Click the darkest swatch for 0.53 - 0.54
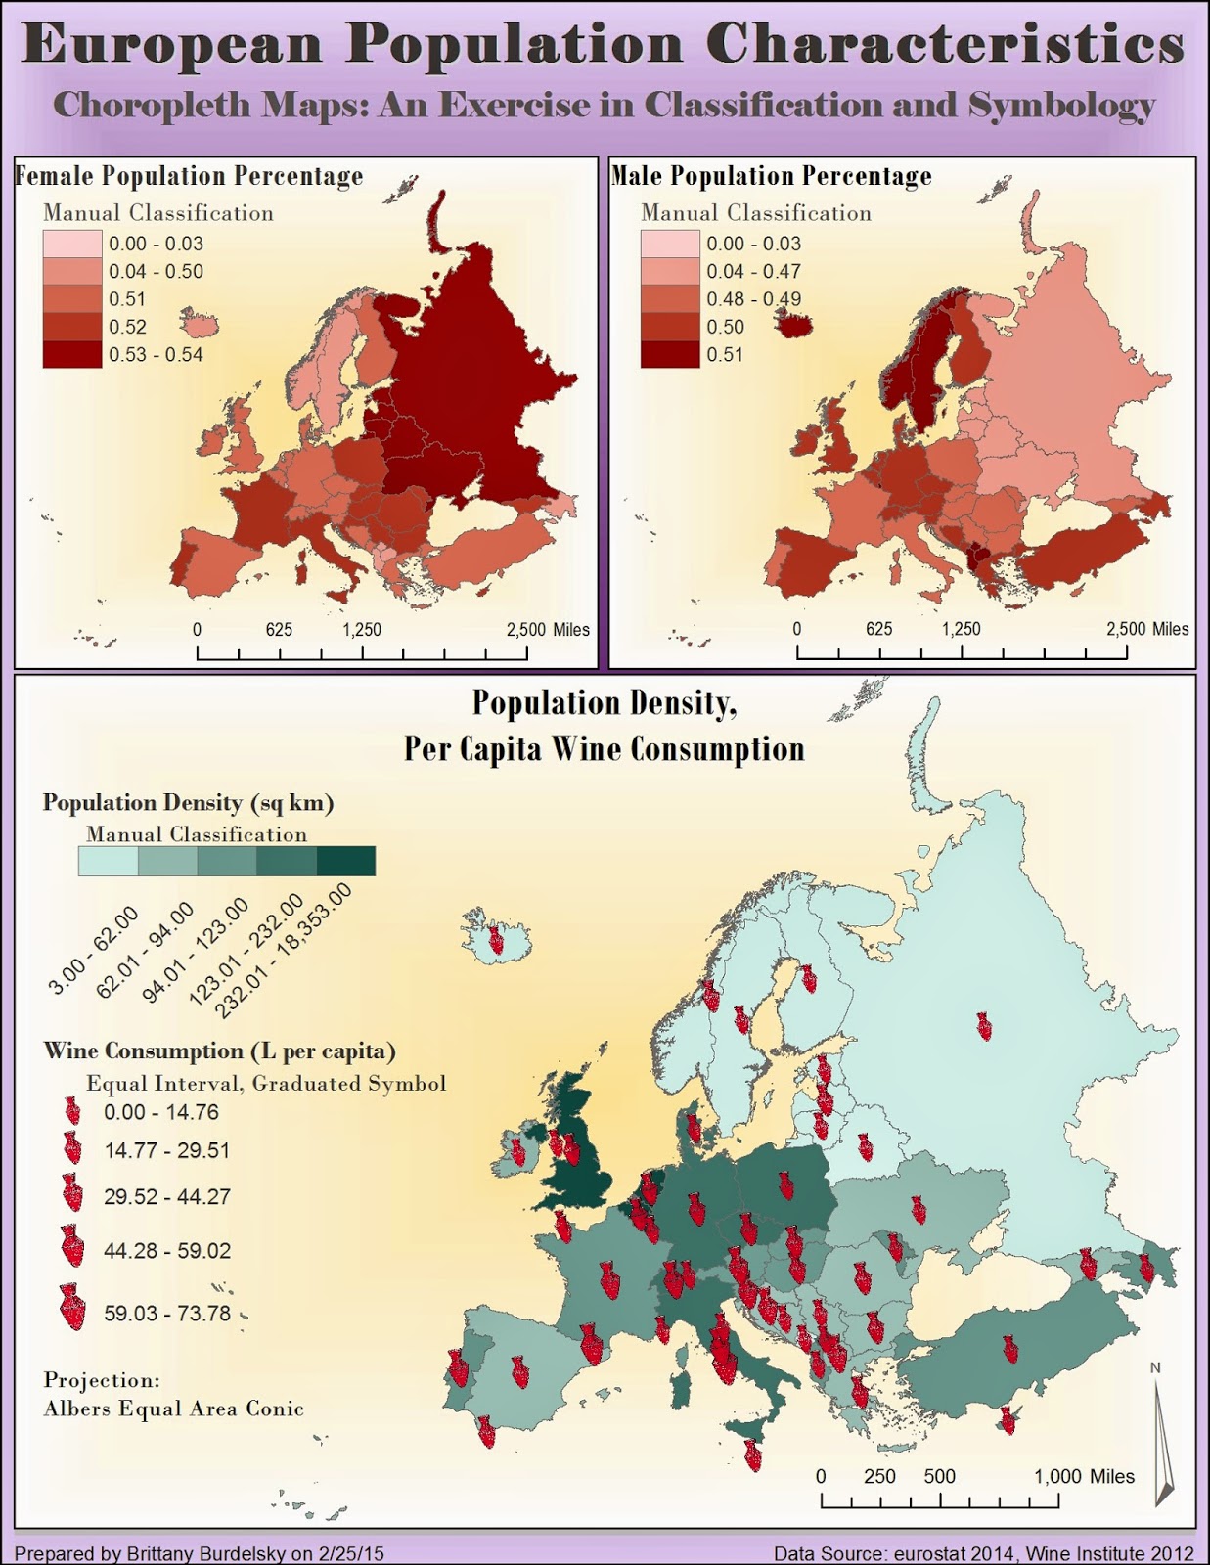coord(71,354)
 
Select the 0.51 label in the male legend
coord(725,355)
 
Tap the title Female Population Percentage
coord(189,176)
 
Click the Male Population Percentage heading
coord(771,176)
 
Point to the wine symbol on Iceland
coord(496,941)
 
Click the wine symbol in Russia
coord(983,1026)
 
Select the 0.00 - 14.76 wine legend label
coord(161,1112)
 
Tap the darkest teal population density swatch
coord(345,861)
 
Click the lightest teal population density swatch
coord(108,861)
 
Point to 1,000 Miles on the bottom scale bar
coord(1084,1476)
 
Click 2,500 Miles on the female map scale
coord(548,630)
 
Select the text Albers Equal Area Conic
coord(173,1409)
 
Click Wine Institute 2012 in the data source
coord(1119,1553)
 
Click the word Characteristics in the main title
coord(945,45)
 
